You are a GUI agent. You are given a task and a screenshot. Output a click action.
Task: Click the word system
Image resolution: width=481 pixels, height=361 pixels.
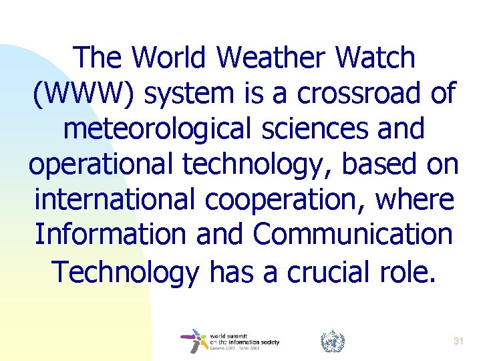click(x=187, y=94)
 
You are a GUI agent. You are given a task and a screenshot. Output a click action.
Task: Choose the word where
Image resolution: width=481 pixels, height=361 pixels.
click(x=413, y=200)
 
